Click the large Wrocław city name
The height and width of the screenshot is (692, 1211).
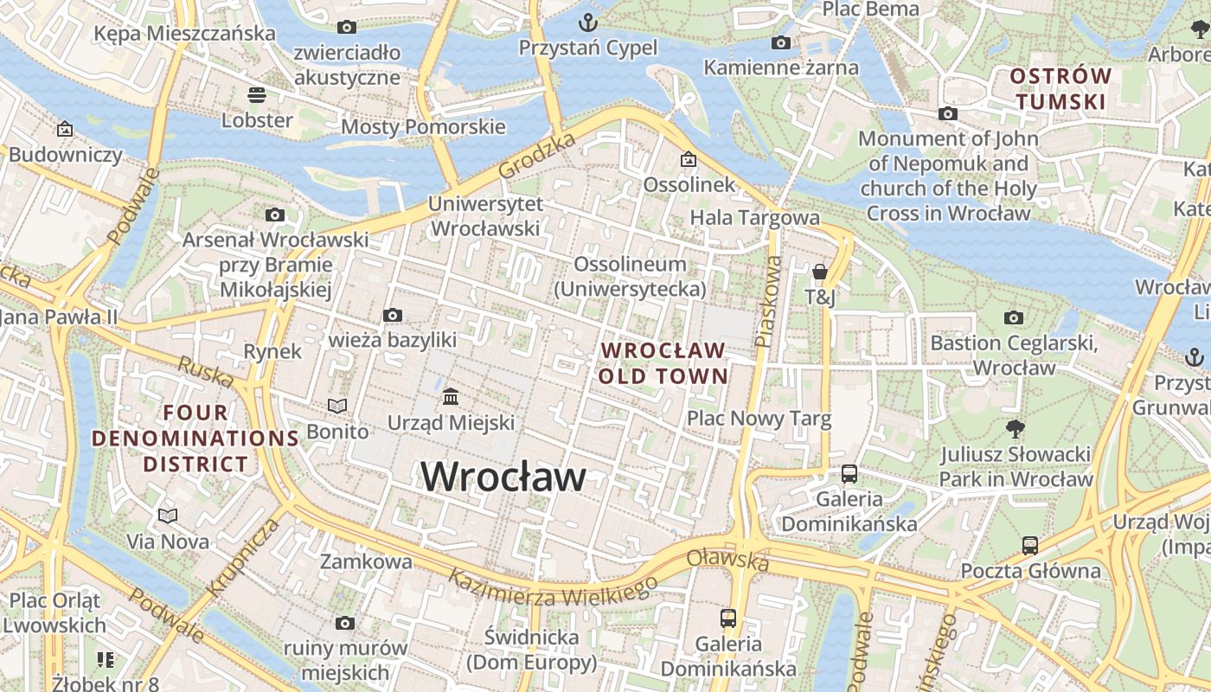point(503,477)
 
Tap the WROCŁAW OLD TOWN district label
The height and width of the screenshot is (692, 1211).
point(663,363)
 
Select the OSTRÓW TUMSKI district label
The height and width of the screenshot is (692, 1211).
point(1060,89)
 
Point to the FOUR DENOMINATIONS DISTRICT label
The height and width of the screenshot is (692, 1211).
point(195,439)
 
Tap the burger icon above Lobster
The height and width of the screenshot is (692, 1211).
point(256,93)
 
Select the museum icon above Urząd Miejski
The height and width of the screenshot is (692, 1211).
point(450,396)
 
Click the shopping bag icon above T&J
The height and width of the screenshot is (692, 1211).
point(820,272)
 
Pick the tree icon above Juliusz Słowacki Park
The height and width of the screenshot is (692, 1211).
point(1016,428)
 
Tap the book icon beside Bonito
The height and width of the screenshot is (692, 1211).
point(337,406)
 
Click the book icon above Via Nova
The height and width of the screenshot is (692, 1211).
point(168,516)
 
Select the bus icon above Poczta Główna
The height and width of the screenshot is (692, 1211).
point(1030,545)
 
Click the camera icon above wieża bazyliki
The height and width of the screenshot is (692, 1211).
point(393,315)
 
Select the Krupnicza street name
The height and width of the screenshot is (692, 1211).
point(244,557)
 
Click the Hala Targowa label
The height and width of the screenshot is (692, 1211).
point(754,217)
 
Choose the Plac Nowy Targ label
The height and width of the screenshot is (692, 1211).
point(759,420)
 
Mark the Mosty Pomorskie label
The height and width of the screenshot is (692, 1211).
point(423,127)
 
